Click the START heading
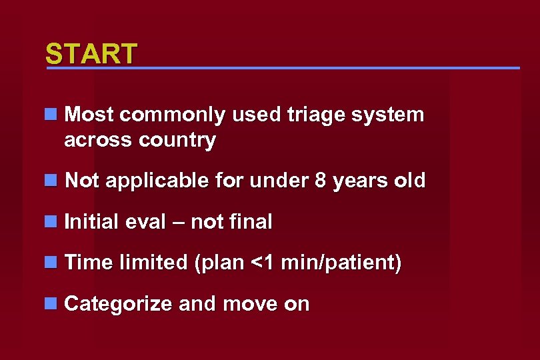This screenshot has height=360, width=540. (91, 53)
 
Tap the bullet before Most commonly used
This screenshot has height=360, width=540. (51, 115)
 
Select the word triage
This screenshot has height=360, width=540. (314, 115)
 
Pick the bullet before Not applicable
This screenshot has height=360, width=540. (51, 181)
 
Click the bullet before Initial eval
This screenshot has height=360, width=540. (51, 221)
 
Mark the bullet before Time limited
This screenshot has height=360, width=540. (51, 263)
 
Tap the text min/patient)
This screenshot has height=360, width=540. (341, 263)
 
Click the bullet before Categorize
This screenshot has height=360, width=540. (51, 304)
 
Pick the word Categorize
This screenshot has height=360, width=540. (118, 304)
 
